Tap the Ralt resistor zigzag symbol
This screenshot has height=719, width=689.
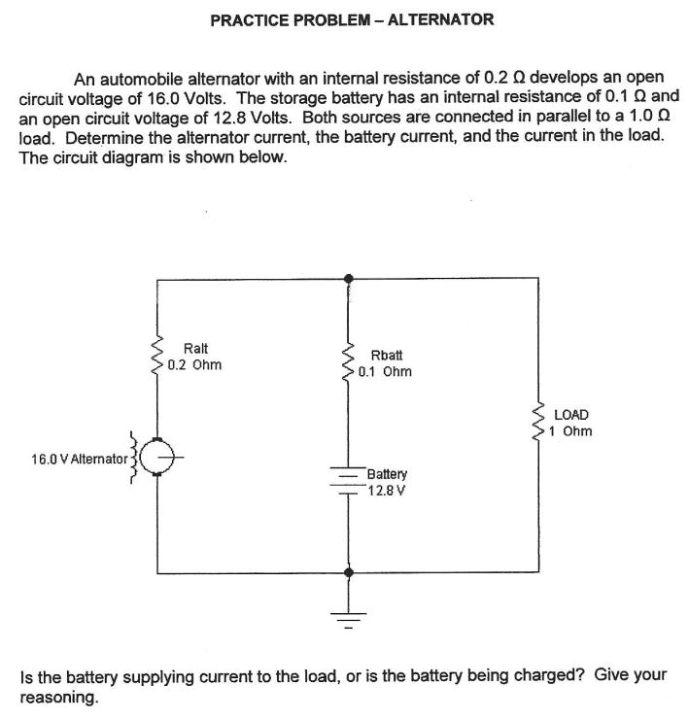pos(154,359)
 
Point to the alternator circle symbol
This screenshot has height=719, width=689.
pos(155,455)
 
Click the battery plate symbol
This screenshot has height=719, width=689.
pos(347,480)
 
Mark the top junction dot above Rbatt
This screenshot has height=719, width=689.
pos(348,279)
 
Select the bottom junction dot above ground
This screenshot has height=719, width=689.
pos(348,573)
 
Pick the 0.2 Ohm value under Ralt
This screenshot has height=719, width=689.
pos(194,365)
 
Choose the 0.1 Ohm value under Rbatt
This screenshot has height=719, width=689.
pos(385,371)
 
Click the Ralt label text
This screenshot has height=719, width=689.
pos(195,349)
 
